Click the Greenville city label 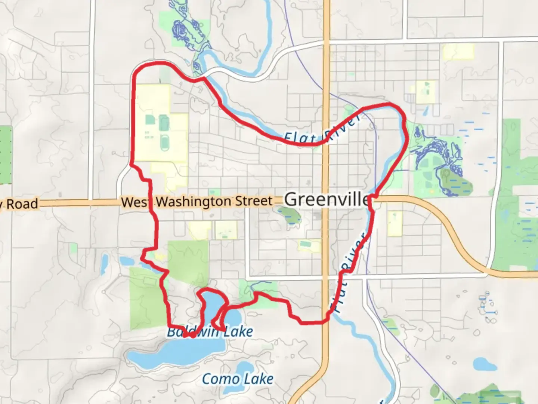coord(327,199)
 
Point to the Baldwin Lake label coord(210,331)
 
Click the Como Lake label coord(238,379)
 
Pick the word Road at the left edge coord(22,204)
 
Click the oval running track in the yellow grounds coord(164,143)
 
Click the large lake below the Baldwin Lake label coord(176,353)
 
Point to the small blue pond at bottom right coord(485,364)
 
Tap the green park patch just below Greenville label coord(290,215)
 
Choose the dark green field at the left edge coord(6,155)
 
